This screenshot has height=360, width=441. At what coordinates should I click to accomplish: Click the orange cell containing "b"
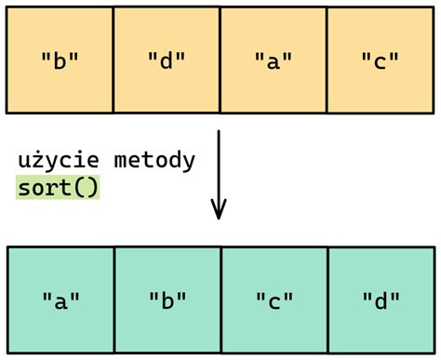60,59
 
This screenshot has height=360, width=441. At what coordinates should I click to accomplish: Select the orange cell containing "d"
167,59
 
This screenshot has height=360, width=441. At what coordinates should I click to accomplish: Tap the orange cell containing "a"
274,59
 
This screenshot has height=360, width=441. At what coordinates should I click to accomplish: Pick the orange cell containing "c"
381,59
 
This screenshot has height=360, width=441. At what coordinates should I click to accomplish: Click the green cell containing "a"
60,300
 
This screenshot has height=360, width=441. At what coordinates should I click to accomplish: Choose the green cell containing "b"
167,300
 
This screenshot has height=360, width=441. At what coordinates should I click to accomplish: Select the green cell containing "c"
274,300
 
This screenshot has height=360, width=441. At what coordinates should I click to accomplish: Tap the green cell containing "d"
381,300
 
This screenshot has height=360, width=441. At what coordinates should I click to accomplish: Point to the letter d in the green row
381,300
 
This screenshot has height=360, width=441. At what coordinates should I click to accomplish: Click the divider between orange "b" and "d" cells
113,59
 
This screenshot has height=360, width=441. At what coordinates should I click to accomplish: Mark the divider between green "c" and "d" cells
328,300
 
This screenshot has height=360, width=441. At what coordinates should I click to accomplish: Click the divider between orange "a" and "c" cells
327,59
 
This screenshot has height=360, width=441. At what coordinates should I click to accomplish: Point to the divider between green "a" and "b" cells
114,300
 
